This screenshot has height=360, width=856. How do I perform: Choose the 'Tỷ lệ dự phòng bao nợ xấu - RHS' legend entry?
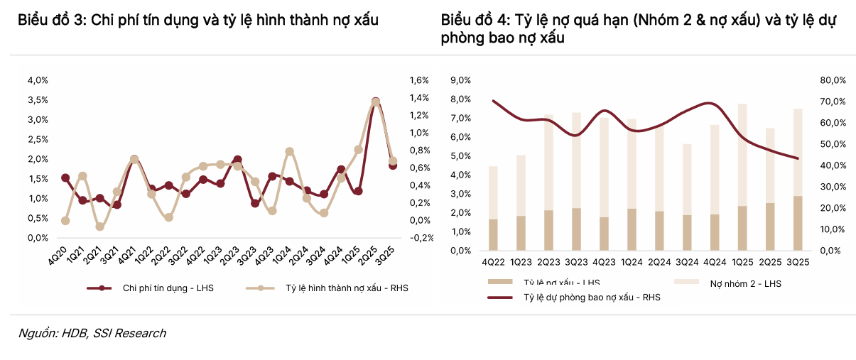pyautogui.click(x=592, y=298)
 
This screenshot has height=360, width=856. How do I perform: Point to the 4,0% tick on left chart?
pyautogui.click(x=38, y=80)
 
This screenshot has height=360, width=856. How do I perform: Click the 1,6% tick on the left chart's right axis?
pyautogui.click(x=419, y=80)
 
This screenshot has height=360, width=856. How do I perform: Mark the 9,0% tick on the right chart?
pyautogui.click(x=461, y=80)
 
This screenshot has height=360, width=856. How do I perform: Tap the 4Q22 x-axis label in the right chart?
pyautogui.click(x=493, y=262)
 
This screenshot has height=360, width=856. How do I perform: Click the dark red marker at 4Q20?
pyautogui.click(x=65, y=178)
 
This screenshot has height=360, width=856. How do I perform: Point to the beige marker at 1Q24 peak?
pyautogui.click(x=289, y=151)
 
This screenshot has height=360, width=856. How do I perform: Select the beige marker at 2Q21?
pyautogui.click(x=100, y=227)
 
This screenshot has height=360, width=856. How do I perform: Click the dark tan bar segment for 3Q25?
pyautogui.click(x=798, y=223)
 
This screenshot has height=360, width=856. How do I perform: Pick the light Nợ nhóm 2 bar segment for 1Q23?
pyautogui.click(x=521, y=185)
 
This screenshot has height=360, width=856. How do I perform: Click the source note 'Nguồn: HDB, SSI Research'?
pyautogui.click(x=92, y=333)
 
